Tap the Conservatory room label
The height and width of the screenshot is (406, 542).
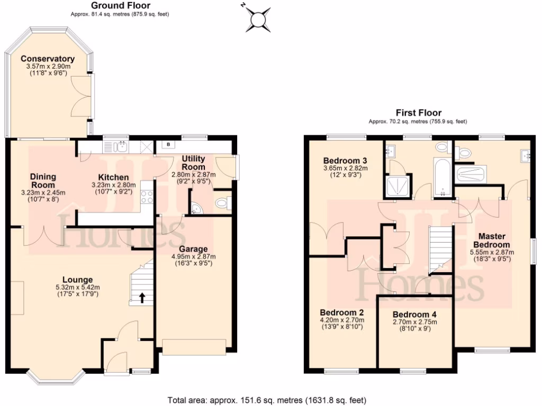[x=48, y=59]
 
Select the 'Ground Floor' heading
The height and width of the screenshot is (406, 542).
[x=120, y=5]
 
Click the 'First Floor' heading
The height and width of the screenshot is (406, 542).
[x=418, y=113]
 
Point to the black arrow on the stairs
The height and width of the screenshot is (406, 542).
[x=142, y=298]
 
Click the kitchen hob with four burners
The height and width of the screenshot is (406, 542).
[x=146, y=197]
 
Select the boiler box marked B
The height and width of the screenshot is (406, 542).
[x=168, y=144]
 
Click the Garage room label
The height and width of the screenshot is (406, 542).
[x=193, y=249]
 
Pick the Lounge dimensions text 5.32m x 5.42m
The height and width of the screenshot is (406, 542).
[x=77, y=287]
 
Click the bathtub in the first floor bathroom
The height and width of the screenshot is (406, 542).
[x=441, y=176]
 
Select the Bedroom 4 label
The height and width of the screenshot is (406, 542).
[x=414, y=313]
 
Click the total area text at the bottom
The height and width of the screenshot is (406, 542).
[x=267, y=400]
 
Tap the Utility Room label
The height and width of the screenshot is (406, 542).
[x=193, y=162]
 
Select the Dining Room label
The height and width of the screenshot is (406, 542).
[x=42, y=181]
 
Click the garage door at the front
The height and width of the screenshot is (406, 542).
[x=194, y=346]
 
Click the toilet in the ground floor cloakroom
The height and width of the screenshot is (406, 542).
[x=223, y=202]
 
